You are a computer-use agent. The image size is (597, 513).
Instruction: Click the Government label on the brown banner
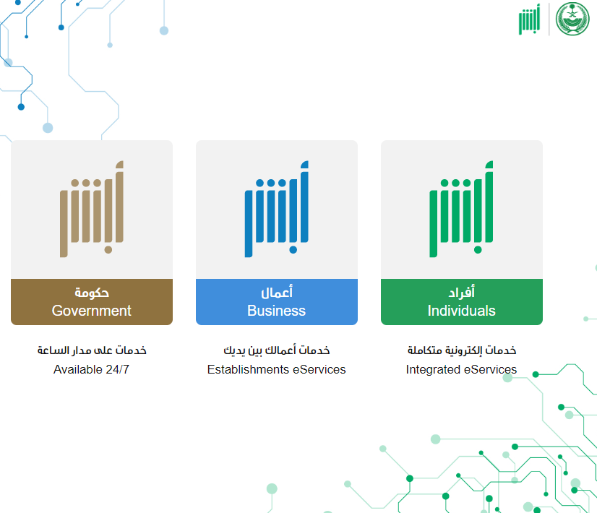tap(91, 311)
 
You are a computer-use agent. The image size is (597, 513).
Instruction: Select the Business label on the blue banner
tap(276, 311)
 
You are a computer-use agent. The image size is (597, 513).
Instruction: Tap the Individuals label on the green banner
tap(461, 311)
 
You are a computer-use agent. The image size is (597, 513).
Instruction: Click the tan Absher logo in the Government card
tap(92, 209)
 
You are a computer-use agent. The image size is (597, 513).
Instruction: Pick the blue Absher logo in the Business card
tap(277, 209)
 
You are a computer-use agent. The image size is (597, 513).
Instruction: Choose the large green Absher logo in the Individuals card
tap(461, 209)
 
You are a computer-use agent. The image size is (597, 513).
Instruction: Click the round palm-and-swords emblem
tap(572, 19)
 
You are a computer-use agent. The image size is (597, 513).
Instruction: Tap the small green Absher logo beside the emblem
tap(529, 19)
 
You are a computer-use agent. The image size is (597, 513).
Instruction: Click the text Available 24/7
tap(91, 369)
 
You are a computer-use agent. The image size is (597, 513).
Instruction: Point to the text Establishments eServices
tap(276, 369)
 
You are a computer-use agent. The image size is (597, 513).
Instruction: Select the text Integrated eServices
tap(461, 369)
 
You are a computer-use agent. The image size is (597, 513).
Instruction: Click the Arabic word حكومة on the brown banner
tap(92, 293)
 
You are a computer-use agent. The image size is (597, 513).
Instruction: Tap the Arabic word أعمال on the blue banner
tap(277, 293)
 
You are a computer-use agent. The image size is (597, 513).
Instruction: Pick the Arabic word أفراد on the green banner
tap(461, 293)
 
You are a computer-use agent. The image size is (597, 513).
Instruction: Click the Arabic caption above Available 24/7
tap(92, 350)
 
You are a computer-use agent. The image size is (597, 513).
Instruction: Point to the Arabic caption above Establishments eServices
tap(277, 350)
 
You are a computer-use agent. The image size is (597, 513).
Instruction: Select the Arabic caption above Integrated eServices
tap(462, 350)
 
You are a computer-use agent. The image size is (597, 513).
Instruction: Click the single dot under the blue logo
tap(293, 250)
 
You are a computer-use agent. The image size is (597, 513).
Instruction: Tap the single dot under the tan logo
tap(108, 250)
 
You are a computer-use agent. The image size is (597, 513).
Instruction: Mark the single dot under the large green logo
tap(478, 250)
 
